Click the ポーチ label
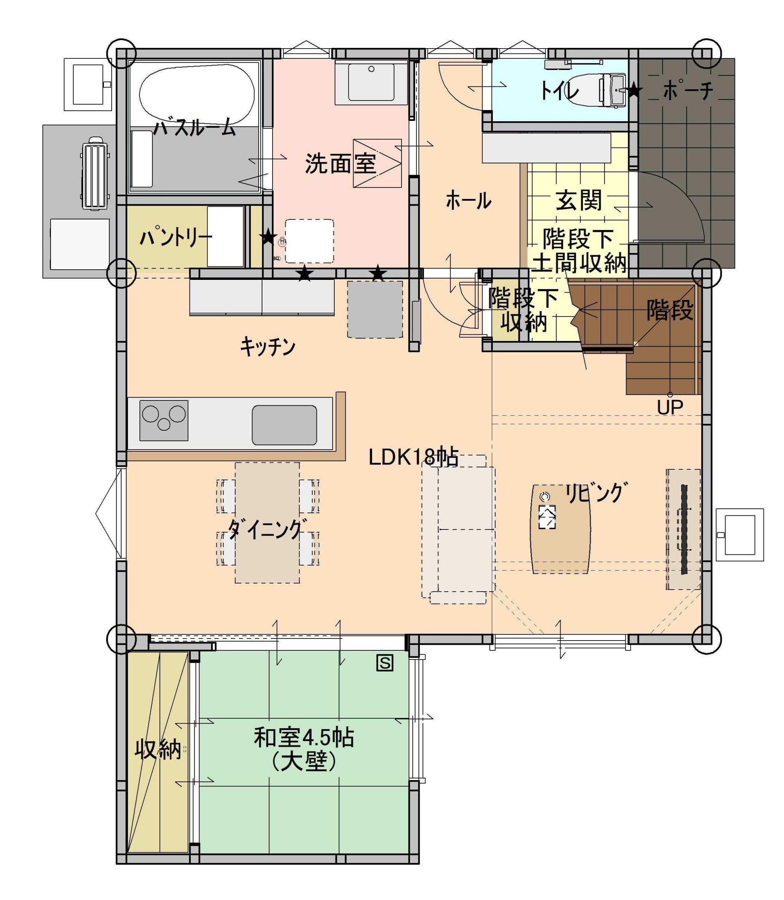click(688, 91)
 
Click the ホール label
click(468, 201)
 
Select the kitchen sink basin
click(285, 425)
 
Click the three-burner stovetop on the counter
click(164, 420)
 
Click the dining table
click(267, 522)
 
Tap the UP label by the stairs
click(670, 408)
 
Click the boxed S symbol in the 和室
click(385, 663)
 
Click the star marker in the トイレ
click(634, 91)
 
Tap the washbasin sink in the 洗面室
click(371, 82)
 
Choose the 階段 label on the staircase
click(670, 310)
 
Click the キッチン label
click(267, 347)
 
